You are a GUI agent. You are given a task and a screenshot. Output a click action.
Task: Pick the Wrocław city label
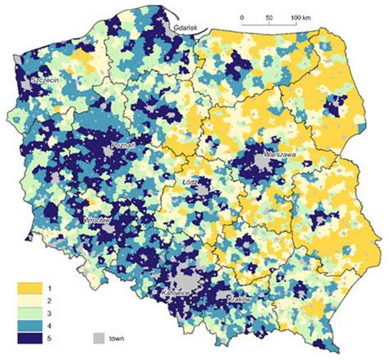click(97, 221)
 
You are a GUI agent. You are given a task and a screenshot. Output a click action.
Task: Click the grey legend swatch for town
click(98, 338)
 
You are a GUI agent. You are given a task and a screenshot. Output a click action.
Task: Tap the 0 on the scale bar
click(242, 16)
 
